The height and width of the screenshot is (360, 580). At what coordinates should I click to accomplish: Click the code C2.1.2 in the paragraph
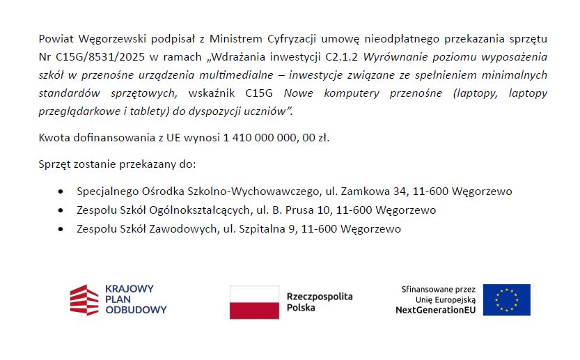tap(342, 56)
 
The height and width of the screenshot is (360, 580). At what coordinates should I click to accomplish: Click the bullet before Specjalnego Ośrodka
tap(62, 191)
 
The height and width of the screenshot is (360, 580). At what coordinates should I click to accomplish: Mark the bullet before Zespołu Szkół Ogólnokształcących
tap(62, 210)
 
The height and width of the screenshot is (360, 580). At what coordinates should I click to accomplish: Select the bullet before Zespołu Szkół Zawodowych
tap(62, 228)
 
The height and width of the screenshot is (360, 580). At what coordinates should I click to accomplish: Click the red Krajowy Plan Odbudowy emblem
tap(84, 299)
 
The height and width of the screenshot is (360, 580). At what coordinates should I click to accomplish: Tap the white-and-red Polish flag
tap(253, 302)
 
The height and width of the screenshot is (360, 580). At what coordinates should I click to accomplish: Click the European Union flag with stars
tap(506, 300)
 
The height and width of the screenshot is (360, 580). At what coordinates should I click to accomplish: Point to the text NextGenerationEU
tap(435, 310)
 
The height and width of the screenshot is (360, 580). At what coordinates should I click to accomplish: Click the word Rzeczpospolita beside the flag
tap(320, 296)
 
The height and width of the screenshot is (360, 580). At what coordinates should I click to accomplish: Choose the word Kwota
tap(54, 137)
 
